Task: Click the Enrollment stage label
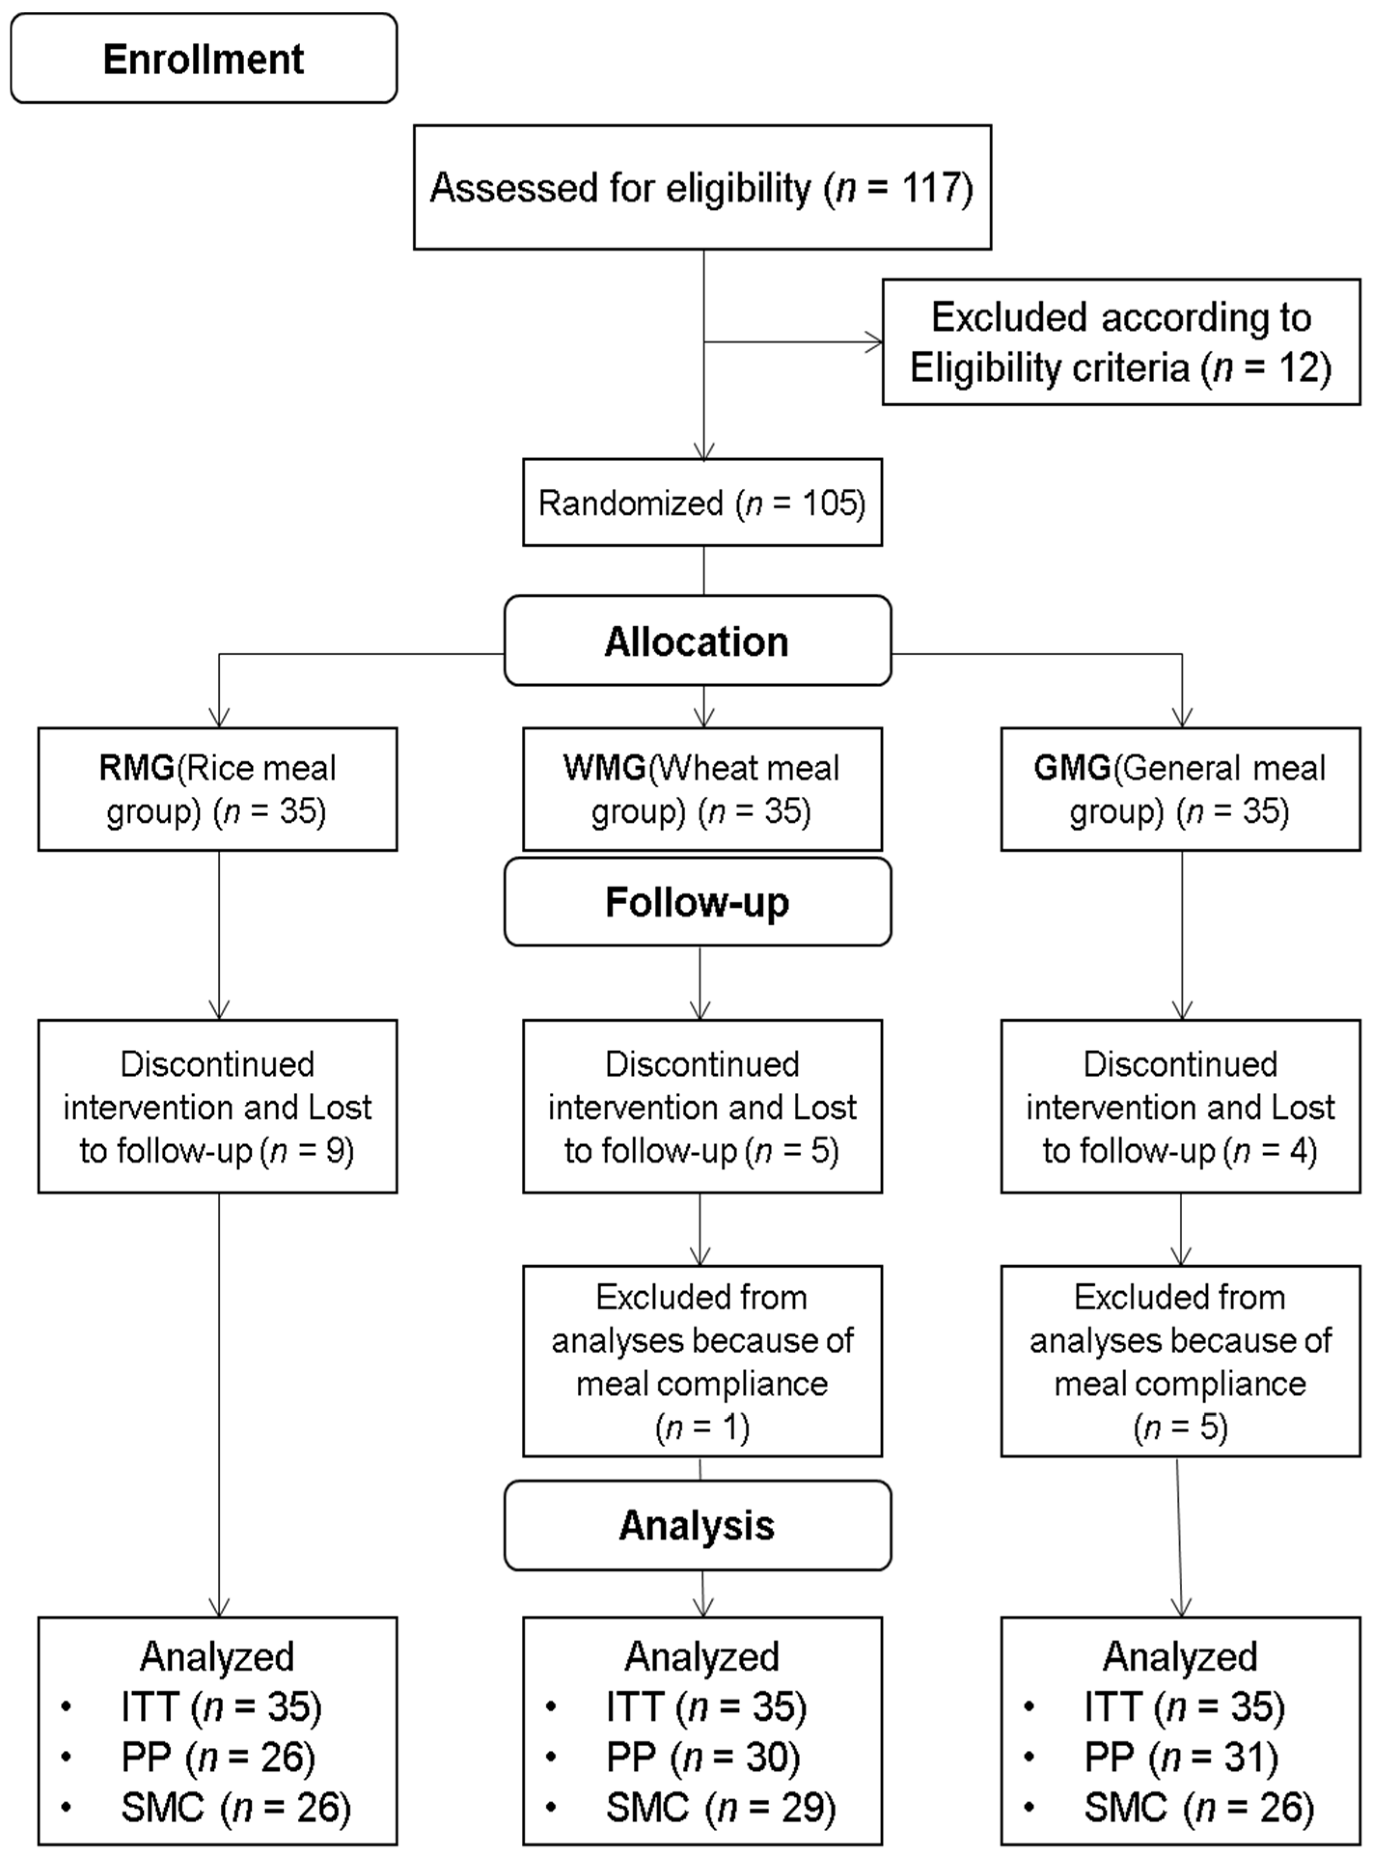[x=204, y=58]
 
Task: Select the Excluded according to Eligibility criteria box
[x=1120, y=342]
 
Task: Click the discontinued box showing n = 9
[x=217, y=1106]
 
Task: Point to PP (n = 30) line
[x=702, y=1757]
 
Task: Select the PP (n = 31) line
[x=1180, y=1757]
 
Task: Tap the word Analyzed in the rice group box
[x=217, y=1656]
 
